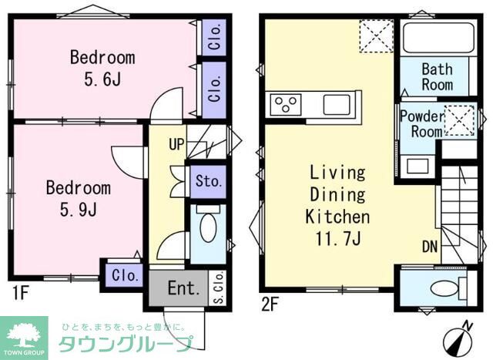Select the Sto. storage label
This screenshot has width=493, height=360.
(208, 183)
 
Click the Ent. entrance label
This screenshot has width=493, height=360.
(184, 289)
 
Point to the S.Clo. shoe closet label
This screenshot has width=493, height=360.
(218, 288)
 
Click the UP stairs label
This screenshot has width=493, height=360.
(176, 145)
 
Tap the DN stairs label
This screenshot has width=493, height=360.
(430, 247)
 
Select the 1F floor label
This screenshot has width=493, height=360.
(21, 292)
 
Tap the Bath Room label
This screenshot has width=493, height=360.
(437, 76)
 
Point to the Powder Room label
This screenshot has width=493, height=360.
(421, 124)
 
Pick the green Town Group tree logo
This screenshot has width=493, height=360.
(25, 336)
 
